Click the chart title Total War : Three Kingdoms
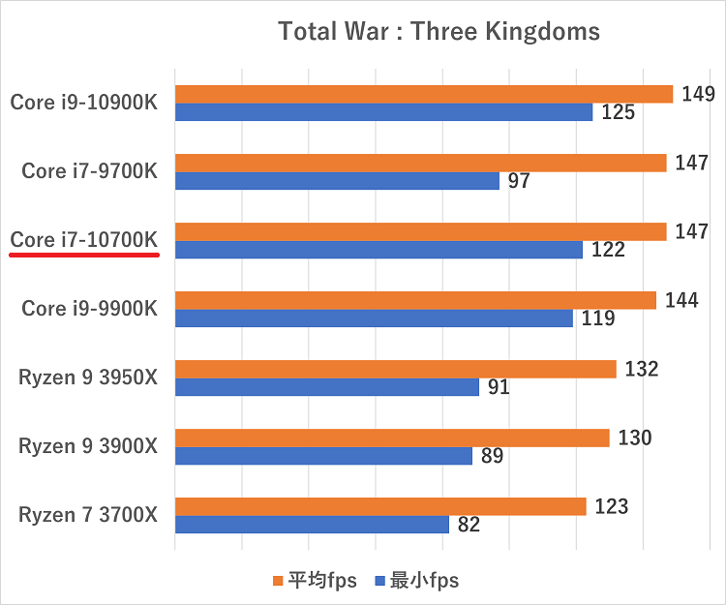[439, 31]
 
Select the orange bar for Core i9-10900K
[423, 94]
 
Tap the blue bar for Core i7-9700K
[337, 181]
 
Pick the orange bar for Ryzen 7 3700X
[380, 506]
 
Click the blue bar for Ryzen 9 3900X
[323, 456]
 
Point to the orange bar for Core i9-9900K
[415, 300]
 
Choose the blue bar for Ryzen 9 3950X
[327, 387]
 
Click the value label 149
[697, 94]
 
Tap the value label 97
[519, 181]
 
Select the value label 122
[609, 250]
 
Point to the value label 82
[469, 525]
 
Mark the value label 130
[634, 438]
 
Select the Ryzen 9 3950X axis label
[87, 378]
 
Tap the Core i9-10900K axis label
[84, 102]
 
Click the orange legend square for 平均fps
[278, 582]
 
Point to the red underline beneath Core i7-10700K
[84, 256]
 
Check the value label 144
[681, 300]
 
